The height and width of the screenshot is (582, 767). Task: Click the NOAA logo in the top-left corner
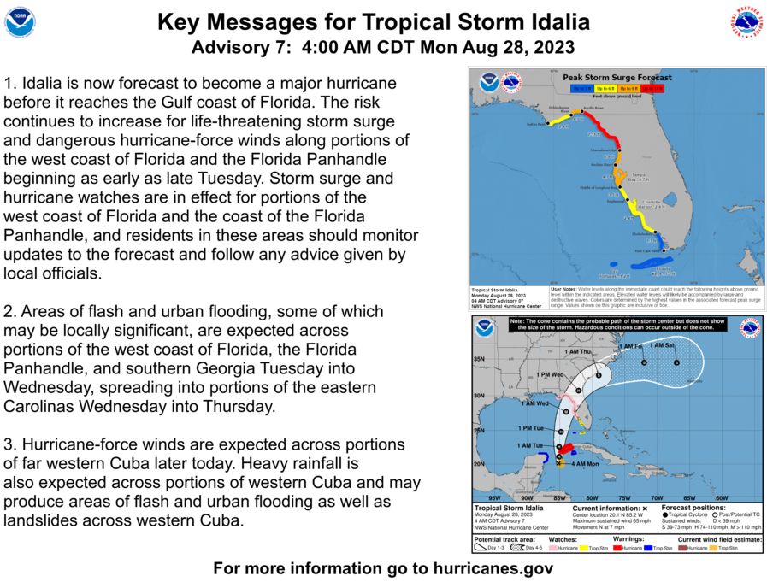tap(20, 22)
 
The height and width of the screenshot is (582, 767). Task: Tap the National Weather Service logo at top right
tap(746, 22)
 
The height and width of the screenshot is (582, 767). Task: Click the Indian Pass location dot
tap(547, 125)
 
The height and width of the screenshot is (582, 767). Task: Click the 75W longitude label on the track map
tap(624, 497)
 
